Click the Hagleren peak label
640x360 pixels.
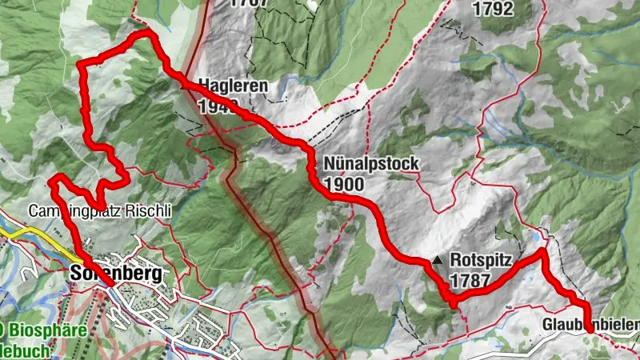233,86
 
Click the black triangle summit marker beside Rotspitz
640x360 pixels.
437,261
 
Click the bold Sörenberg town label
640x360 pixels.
116,273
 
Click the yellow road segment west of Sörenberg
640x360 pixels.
24,234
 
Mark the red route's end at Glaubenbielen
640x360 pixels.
589,329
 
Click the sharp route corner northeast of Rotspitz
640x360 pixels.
542,251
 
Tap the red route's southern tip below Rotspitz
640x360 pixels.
453,304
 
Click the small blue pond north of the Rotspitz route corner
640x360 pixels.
534,236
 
